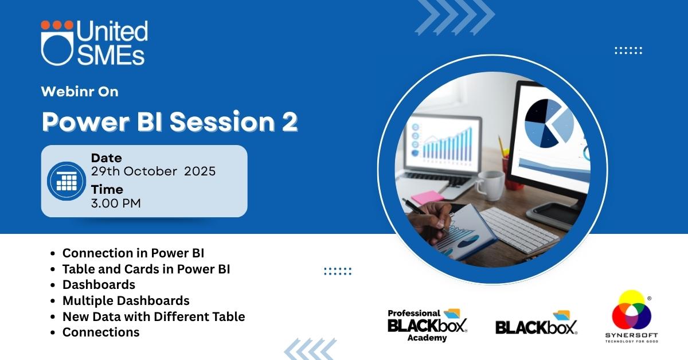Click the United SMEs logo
(x=94, y=43)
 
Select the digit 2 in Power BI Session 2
(x=290, y=122)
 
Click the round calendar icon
(x=67, y=181)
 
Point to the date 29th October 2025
(x=153, y=171)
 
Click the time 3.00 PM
(x=116, y=204)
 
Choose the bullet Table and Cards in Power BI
(x=146, y=269)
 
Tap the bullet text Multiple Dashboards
(x=126, y=301)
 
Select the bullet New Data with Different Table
(x=154, y=316)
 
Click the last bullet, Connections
(x=101, y=332)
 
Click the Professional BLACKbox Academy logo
(x=427, y=325)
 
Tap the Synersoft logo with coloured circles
(x=631, y=316)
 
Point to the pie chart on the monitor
(x=549, y=123)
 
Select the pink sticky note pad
(x=427, y=197)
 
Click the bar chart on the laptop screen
(x=447, y=145)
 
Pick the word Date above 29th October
(x=106, y=158)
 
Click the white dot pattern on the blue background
(x=628, y=50)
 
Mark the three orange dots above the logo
(x=57, y=25)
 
